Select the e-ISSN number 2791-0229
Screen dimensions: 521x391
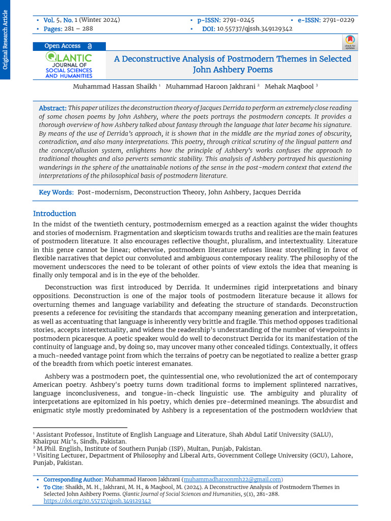338,20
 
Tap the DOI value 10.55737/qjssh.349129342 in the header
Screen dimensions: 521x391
255,29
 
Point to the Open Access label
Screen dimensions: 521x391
63,46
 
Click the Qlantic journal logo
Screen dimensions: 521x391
69,65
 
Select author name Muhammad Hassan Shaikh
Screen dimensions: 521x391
115,86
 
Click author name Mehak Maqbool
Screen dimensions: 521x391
289,86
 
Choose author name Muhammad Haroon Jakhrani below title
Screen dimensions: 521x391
211,86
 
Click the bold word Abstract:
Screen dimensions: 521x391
53,108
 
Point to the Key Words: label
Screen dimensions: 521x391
57,192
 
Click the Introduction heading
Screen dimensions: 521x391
54,214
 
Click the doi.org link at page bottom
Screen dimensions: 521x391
97,501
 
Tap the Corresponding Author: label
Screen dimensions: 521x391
73,479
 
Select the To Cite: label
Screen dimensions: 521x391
53,487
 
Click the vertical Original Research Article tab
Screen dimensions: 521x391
5,40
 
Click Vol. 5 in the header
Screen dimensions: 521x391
51,20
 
